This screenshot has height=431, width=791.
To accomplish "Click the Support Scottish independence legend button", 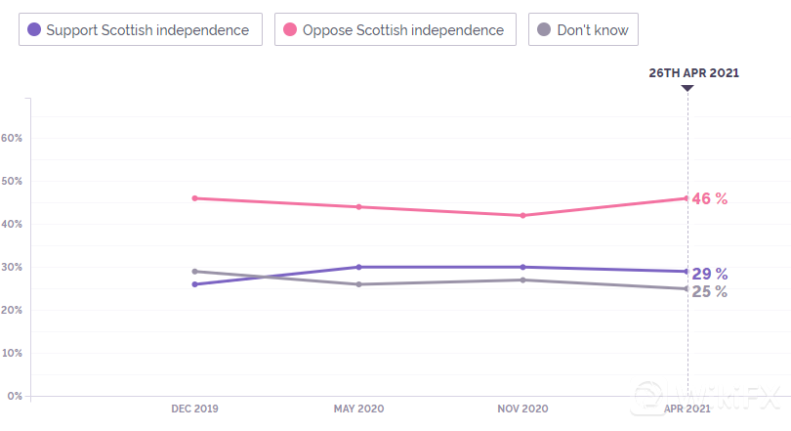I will pos(141,29).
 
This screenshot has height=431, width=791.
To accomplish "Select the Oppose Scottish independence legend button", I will pos(395,29).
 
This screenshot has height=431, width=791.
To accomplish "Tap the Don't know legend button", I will pos(584,29).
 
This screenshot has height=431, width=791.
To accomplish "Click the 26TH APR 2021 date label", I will pos(694,72).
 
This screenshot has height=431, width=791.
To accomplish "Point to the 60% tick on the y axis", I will pos(12,138).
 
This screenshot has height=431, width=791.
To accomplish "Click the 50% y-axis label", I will pos(12,181).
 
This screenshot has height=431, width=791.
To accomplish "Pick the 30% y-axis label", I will pos(12,267).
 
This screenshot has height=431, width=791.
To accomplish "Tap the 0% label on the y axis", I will pos(15,396).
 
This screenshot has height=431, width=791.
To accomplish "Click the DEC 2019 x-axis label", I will pos(194,408).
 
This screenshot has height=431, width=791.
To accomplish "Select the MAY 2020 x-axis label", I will pos(358,408).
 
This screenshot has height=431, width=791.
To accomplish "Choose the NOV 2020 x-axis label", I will pos(523,408).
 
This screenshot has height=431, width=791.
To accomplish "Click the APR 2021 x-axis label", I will pos(687,408).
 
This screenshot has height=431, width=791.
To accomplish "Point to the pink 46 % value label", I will pos(710,198).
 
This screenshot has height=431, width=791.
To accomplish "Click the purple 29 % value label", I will pos(710,274).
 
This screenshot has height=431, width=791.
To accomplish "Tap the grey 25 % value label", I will pos(710,291).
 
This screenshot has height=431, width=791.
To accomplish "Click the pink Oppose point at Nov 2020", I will pos(523,215).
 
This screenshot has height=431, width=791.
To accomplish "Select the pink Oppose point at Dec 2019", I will pos(195,198).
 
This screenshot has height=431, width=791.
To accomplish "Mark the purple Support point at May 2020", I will pos(359,267).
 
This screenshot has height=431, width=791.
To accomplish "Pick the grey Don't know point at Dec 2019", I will pos(195,272).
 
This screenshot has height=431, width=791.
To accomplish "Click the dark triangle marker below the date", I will pos(687,88).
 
